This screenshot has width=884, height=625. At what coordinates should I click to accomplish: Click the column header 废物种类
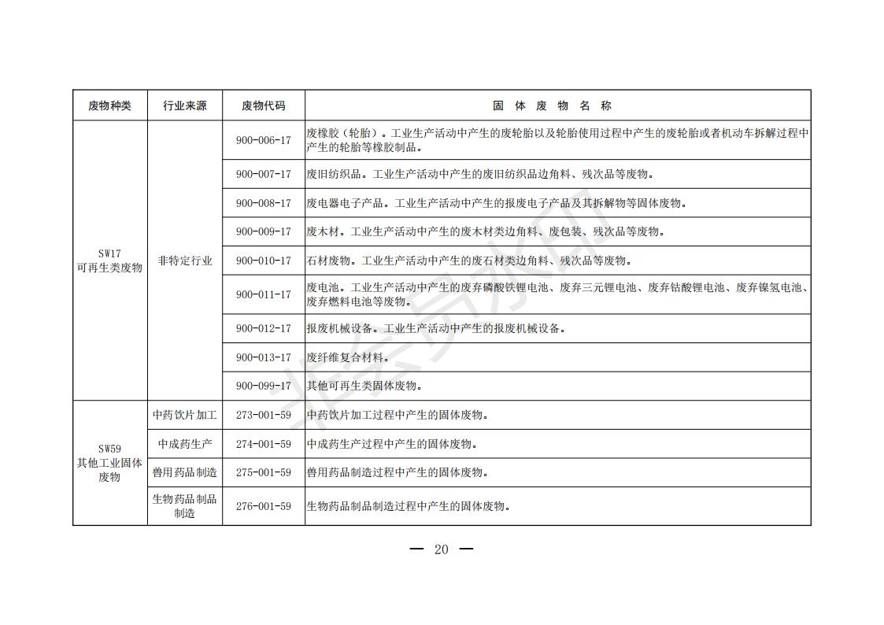(109, 105)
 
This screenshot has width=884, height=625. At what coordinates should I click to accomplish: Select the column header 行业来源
(185, 105)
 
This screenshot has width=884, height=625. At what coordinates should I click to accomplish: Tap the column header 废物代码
(263, 105)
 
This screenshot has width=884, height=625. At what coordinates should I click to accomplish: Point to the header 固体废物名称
(557, 105)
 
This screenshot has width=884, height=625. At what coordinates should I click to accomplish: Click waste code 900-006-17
(263, 140)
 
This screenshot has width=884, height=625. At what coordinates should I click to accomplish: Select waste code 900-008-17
(263, 203)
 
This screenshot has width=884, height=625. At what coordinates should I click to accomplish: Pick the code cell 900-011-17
(263, 294)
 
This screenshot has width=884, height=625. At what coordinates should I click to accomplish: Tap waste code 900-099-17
(263, 386)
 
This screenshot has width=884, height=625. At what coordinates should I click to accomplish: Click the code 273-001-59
(263, 415)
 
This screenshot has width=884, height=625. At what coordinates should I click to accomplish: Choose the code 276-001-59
(263, 506)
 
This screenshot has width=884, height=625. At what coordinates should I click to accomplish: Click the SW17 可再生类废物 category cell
(109, 261)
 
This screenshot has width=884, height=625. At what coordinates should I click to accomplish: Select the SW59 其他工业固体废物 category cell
(109, 463)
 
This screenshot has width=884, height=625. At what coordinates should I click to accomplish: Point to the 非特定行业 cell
(185, 261)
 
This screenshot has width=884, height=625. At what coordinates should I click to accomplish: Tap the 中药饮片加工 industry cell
(185, 415)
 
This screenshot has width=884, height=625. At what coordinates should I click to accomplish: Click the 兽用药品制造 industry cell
(185, 472)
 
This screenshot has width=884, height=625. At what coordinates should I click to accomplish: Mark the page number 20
(441, 549)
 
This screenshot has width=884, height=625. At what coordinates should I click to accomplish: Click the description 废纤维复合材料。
(347, 357)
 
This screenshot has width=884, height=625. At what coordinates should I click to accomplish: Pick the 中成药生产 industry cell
(185, 444)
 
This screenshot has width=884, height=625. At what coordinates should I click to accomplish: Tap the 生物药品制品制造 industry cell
(185, 506)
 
